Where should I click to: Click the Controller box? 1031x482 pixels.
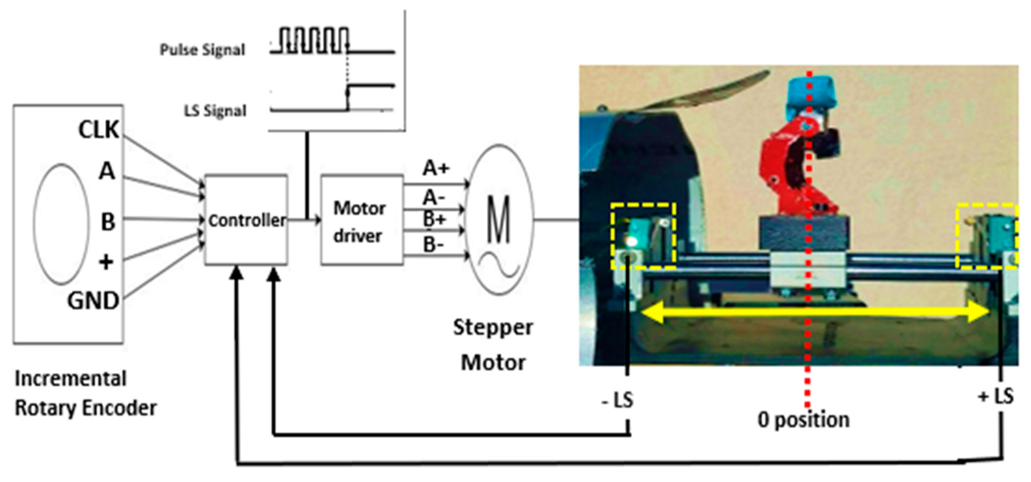click(x=246, y=220)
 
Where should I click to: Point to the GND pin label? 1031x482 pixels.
click(x=93, y=301)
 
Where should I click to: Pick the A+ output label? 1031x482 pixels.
click(x=436, y=168)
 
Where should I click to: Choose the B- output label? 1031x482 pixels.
click(x=434, y=245)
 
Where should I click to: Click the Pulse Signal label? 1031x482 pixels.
click(x=202, y=50)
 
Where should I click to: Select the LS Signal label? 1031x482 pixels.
click(x=215, y=111)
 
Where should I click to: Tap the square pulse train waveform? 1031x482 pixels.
click(x=314, y=40)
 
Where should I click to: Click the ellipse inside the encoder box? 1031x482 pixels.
click(x=61, y=224)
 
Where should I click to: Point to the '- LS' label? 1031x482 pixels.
click(x=618, y=400)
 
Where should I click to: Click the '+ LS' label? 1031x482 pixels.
click(x=995, y=396)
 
